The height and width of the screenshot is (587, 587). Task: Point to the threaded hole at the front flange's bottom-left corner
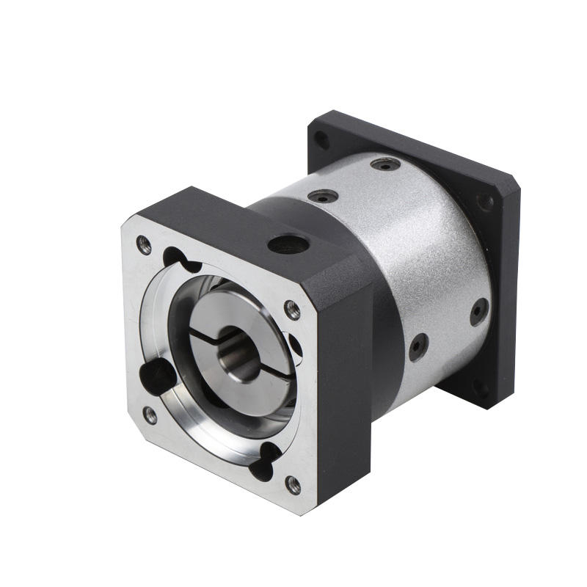point(150,415)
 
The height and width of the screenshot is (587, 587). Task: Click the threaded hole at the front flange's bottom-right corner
point(292,484)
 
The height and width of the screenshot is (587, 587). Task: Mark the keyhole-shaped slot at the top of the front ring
point(181,258)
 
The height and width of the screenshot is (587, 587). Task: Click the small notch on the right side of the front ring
point(295,345)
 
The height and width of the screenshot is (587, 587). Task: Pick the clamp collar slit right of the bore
point(279,367)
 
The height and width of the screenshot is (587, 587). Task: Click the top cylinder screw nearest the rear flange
point(385,164)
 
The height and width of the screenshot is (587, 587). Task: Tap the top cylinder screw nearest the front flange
point(323,196)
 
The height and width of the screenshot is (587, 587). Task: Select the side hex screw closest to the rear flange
point(478,311)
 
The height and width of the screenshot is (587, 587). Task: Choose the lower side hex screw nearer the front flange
point(418,346)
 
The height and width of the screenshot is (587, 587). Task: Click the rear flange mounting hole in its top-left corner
point(321,139)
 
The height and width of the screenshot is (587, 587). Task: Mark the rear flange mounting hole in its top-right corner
point(485,202)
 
